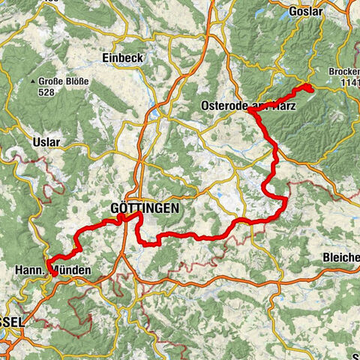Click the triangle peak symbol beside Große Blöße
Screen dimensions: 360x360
[34, 81]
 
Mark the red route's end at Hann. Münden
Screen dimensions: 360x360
[53, 274]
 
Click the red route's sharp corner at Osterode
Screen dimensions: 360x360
[251, 110]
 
